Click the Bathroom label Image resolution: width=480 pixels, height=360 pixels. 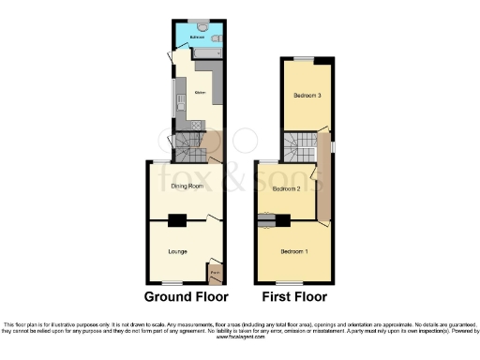[196, 37]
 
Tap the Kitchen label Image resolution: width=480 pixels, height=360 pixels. [200, 92]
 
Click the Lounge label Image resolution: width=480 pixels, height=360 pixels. [177, 251]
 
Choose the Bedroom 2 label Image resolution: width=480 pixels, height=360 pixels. [286, 189]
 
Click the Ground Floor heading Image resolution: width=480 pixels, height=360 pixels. [186, 297]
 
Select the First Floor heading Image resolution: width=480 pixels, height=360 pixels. [294, 297]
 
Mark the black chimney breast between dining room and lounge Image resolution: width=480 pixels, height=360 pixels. [176, 221]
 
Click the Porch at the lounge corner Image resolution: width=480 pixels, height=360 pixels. [215, 273]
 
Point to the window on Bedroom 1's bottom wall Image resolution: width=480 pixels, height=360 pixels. [292, 283]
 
